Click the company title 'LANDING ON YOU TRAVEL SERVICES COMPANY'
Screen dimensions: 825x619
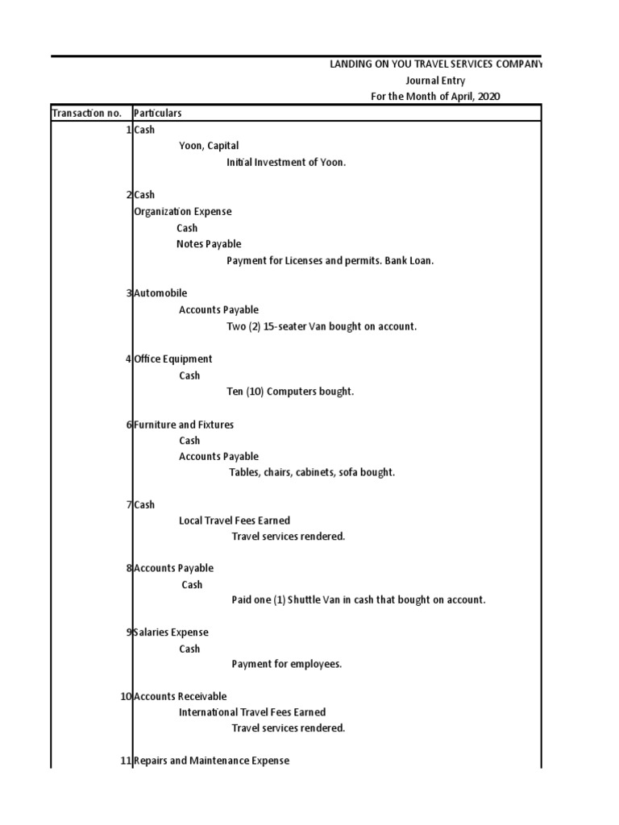[x=436, y=64]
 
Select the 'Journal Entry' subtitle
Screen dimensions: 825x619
[x=434, y=81]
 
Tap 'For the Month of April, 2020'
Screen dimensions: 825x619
[x=435, y=97]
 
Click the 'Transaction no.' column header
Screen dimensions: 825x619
[x=86, y=113]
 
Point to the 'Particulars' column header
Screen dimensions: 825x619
[x=157, y=113]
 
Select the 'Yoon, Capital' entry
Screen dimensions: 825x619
[x=209, y=146]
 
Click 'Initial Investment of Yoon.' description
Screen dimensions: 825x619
[x=285, y=162]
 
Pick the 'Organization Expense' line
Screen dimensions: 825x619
[x=182, y=211]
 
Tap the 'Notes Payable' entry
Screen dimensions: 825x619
[x=209, y=244]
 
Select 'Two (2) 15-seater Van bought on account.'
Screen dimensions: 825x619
[x=322, y=326]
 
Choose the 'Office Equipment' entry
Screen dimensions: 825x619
[x=173, y=359]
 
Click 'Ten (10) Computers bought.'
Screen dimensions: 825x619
[x=290, y=392]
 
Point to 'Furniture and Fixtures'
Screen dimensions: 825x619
[x=184, y=425]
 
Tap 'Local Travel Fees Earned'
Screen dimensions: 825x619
[x=235, y=520]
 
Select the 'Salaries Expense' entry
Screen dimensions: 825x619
[x=171, y=632]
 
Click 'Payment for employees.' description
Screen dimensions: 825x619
[x=287, y=665]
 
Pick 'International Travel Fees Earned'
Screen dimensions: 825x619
[x=252, y=712]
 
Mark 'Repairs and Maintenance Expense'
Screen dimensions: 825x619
[x=211, y=761]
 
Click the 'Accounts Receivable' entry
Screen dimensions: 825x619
[x=180, y=696]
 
